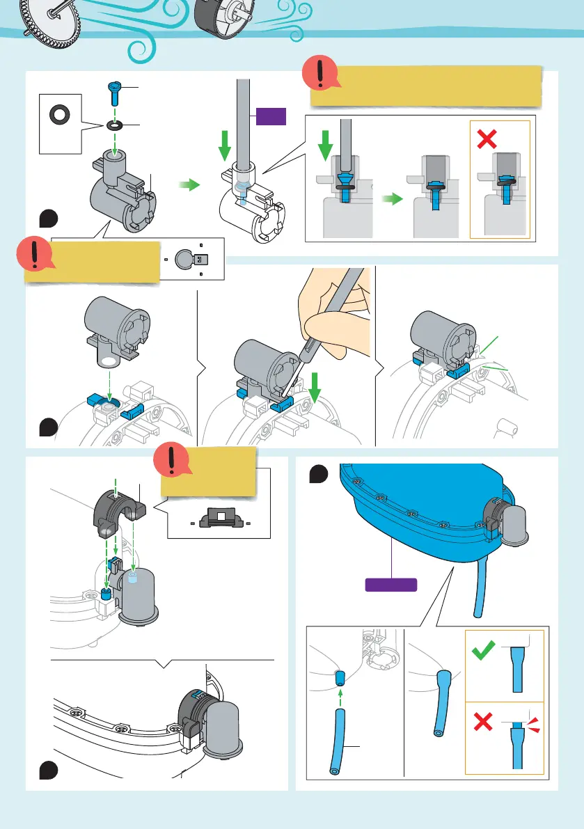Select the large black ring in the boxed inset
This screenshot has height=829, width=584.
click(53, 114)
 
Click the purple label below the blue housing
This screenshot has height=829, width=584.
click(392, 584)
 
